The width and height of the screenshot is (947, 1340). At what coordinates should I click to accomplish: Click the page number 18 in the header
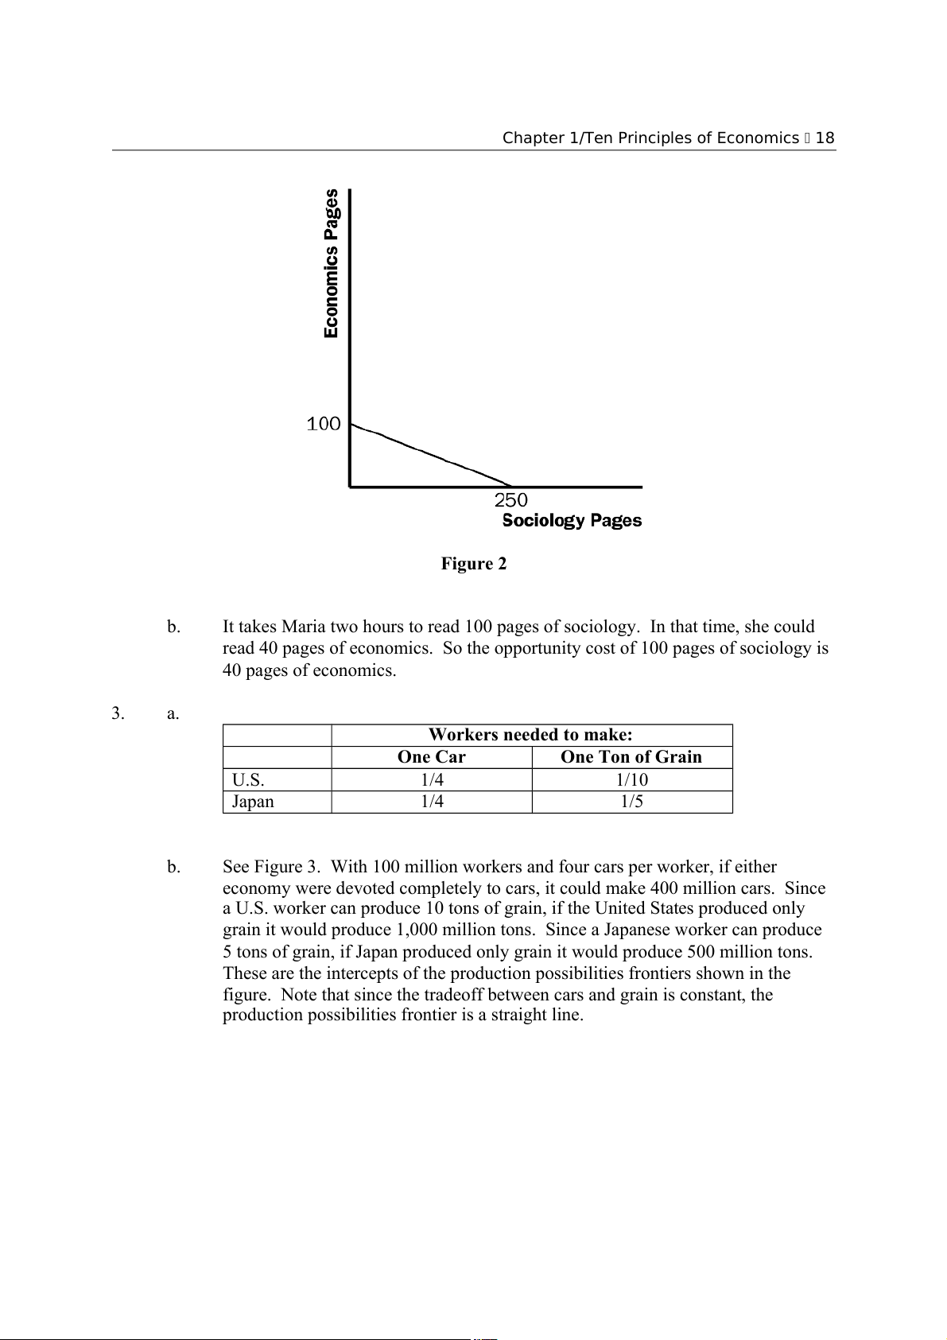[825, 138]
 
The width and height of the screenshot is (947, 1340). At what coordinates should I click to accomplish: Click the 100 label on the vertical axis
[324, 425]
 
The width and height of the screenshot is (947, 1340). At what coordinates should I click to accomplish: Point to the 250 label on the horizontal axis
[510, 500]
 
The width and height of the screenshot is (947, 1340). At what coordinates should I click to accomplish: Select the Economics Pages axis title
[332, 263]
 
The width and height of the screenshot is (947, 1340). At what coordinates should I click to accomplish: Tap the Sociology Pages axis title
[572, 521]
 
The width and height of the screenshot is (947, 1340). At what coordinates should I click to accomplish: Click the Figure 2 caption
[474, 564]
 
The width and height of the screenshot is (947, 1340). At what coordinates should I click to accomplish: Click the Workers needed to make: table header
[530, 735]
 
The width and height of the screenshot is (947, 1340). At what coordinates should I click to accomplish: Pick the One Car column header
[431, 757]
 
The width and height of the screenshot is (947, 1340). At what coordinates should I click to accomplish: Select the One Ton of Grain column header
[631, 757]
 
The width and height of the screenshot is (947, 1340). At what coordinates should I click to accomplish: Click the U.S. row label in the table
[248, 779]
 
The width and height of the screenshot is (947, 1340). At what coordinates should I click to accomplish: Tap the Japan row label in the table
[253, 802]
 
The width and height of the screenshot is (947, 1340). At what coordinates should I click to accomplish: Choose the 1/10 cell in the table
[632, 779]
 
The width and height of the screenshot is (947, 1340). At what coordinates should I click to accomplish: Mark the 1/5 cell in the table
[632, 802]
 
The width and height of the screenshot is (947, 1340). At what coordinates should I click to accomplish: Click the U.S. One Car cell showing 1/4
[432, 779]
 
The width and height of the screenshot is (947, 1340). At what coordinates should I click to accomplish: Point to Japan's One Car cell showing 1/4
[432, 802]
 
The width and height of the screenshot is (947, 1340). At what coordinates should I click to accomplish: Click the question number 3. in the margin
[118, 713]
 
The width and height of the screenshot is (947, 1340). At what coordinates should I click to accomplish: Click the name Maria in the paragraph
[303, 627]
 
